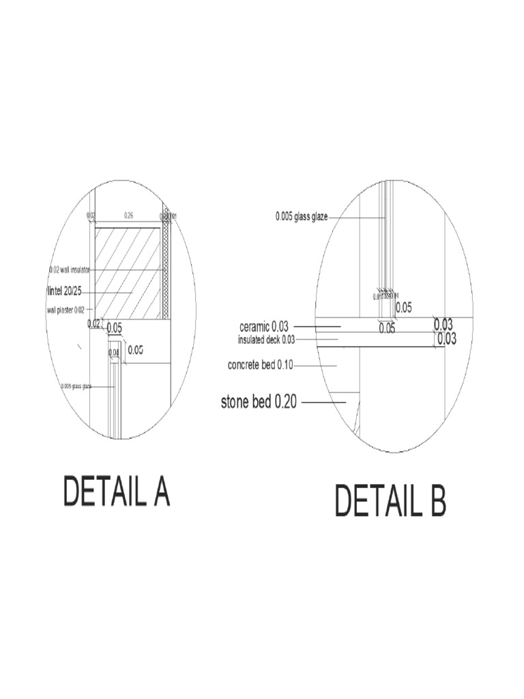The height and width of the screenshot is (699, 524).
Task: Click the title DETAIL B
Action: tap(390, 502)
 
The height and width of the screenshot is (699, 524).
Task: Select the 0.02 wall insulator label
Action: tap(70, 270)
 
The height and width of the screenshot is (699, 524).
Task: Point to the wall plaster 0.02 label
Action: tap(66, 309)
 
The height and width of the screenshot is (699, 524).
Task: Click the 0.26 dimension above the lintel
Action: tap(128, 215)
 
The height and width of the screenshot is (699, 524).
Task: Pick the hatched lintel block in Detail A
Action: tap(128, 273)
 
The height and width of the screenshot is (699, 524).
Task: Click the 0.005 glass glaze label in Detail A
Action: tap(76, 386)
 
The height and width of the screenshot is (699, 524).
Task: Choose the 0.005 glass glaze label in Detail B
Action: tap(302, 216)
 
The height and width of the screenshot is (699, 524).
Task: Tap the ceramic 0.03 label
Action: tap(263, 327)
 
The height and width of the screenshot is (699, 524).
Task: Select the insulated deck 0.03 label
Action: tap(266, 339)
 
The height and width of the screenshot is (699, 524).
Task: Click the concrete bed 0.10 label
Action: tap(260, 365)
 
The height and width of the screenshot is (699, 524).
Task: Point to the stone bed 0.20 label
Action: tap(259, 402)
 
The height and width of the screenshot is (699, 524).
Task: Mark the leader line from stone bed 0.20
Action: tap(323, 403)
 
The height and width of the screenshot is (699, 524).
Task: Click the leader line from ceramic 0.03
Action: tap(316, 327)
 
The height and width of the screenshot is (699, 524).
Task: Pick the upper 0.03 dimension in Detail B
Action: tap(444, 324)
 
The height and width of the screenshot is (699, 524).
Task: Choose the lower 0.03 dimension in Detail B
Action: tap(446, 339)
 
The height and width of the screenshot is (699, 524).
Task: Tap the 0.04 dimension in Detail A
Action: tap(114, 352)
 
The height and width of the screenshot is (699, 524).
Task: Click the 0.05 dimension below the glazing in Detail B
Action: tap(387, 328)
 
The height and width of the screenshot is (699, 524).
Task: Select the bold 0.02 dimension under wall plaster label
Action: tap(94, 324)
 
